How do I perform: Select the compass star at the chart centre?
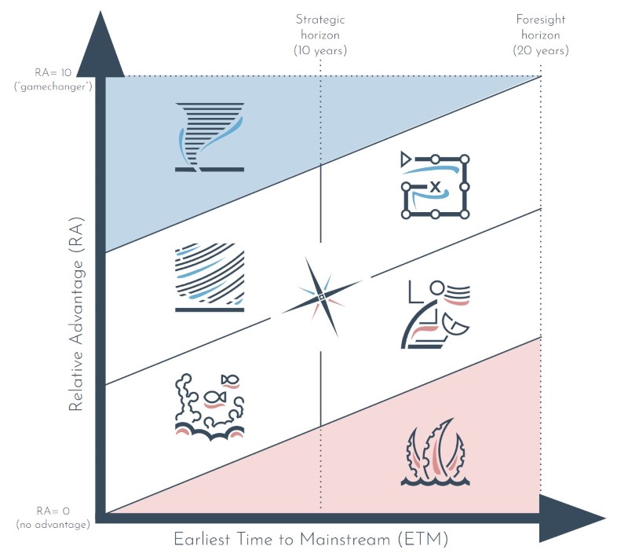pos(321,296)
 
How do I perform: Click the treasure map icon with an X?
pos(435,185)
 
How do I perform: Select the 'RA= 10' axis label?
pos(53,71)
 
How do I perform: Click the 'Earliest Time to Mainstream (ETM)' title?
pos(310,541)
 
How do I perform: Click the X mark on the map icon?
pos(434,186)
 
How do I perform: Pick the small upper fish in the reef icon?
pos(230,380)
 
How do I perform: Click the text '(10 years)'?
pos(319,50)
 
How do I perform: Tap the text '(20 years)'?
pos(541,50)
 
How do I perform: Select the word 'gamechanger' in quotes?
pos(53,85)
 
